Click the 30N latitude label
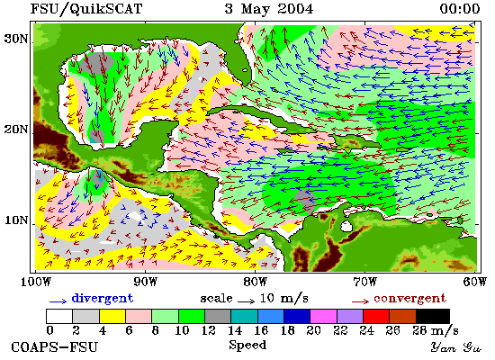16,40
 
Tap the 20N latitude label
16,130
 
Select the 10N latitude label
16,220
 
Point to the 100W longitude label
36,282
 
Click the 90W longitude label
145,282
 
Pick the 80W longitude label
255,282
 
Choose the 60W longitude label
475,282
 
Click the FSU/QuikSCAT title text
86,9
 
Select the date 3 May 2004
269,8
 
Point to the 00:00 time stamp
460,8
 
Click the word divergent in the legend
103,298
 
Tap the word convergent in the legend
409,299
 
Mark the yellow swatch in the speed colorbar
112,316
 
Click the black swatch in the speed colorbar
433,316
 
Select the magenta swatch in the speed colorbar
324,316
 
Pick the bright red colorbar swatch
376,316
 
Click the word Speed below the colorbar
247,345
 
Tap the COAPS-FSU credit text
54,347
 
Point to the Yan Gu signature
456,347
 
